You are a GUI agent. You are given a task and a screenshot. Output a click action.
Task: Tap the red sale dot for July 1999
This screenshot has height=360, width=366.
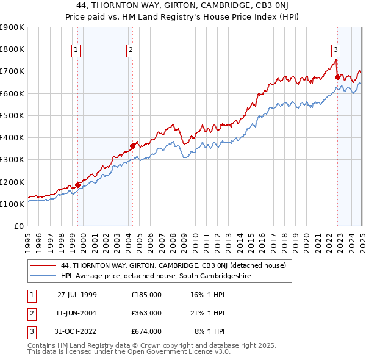[x=78, y=185]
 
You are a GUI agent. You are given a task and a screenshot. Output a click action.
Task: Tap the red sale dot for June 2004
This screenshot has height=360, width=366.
[x=132, y=146]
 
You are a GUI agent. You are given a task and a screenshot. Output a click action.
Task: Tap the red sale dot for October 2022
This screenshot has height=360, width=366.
[x=337, y=77]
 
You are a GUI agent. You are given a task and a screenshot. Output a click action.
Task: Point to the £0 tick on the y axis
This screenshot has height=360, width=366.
[x=20, y=226]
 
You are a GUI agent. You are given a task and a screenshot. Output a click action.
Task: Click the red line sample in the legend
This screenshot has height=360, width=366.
[x=43, y=265]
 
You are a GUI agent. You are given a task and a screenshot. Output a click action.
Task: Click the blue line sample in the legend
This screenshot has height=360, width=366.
[x=43, y=276]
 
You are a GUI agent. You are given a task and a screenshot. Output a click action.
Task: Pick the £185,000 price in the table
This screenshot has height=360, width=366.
[x=146, y=295]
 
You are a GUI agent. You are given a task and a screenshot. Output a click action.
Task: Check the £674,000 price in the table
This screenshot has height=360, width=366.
[x=146, y=331]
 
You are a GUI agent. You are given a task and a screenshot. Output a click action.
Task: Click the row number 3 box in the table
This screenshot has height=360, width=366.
[x=31, y=331]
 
